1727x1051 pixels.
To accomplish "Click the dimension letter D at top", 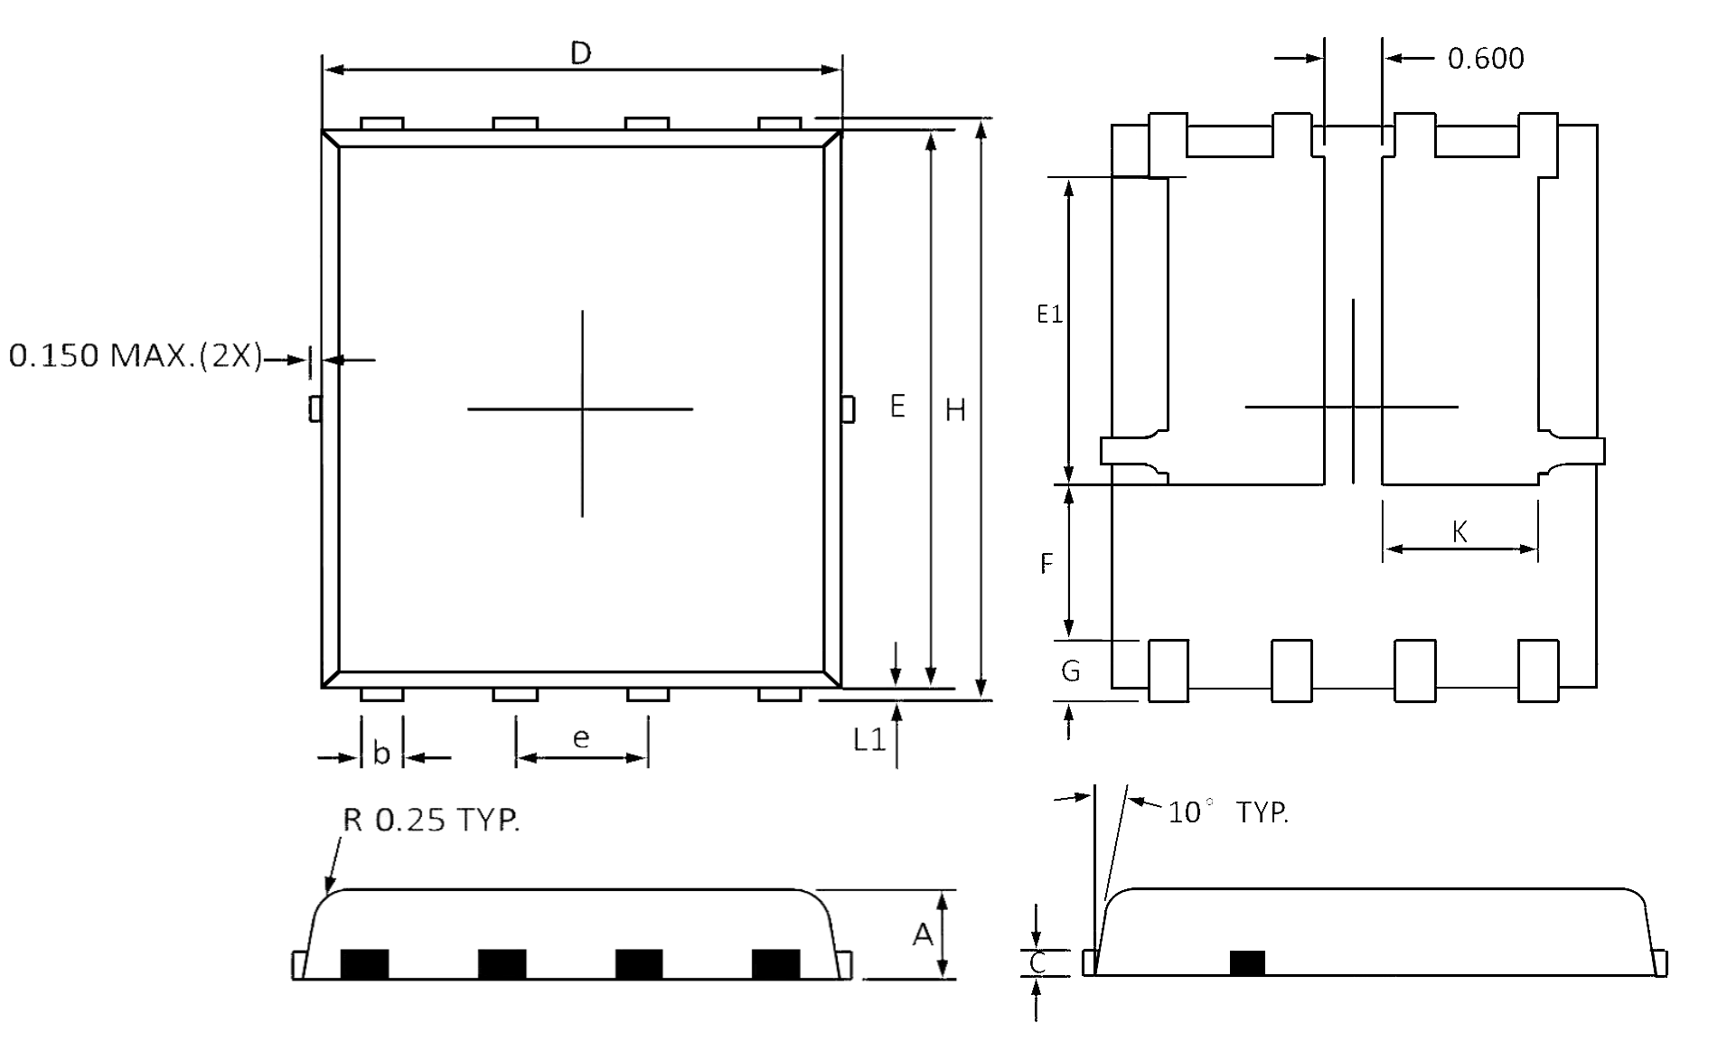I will tap(580, 53).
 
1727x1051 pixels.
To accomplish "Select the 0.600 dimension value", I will tap(1485, 59).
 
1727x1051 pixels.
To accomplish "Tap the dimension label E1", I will tap(1048, 314).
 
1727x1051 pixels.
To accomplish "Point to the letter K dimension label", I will tap(1460, 532).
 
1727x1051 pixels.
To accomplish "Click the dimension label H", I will tap(955, 411).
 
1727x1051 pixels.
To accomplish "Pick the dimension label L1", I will tap(868, 741).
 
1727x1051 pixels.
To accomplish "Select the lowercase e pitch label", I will tap(581, 739).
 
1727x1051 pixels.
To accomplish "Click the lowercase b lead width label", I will tap(381, 754).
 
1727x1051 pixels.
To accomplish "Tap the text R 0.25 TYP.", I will tap(431, 820).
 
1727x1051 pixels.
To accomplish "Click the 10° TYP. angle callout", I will tap(1227, 812).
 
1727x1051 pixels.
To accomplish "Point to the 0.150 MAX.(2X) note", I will tap(135, 356).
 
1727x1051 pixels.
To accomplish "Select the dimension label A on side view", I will tap(922, 934).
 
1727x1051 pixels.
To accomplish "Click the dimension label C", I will tap(1037, 963).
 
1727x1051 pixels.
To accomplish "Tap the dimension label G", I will tap(1070, 671).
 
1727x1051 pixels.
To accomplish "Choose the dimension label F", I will tap(1047, 565).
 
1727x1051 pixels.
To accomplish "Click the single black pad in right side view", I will tap(1247, 963).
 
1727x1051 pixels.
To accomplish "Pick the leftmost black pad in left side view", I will tap(364, 964).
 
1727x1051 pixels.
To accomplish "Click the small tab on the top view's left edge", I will tap(315, 408).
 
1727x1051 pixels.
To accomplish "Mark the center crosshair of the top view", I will tap(582, 409).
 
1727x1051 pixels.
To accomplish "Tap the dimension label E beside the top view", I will tap(896, 407).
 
